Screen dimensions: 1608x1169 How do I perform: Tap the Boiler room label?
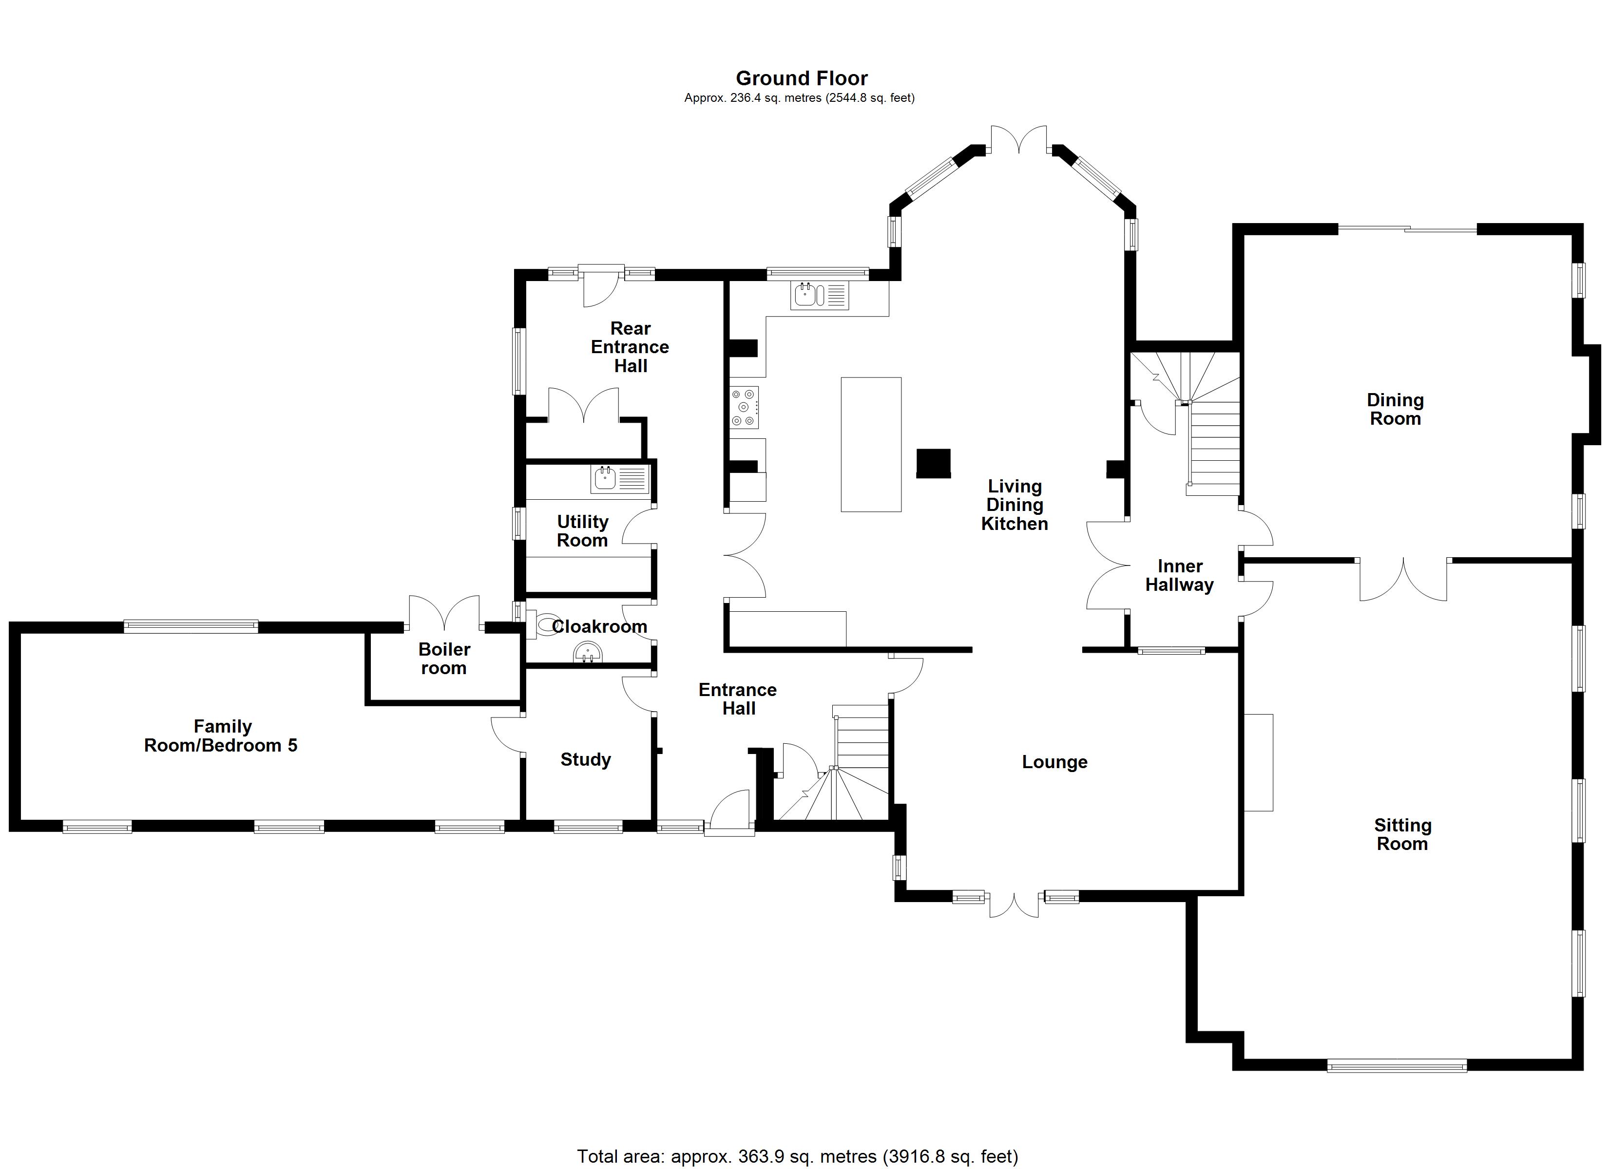444,659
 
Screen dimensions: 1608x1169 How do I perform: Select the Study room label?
586,760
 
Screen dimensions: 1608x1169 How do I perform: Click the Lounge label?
1054,762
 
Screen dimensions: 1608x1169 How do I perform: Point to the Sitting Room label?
1402,834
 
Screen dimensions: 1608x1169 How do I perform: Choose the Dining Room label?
1395,409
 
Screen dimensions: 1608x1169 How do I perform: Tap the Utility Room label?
582,531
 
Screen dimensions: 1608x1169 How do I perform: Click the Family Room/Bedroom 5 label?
221,736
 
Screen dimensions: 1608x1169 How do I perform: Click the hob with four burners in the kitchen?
745,407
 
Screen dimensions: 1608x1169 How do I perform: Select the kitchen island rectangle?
871,445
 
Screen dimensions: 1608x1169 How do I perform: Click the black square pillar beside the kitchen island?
933,464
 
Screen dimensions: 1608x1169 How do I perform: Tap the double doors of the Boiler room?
444,614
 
